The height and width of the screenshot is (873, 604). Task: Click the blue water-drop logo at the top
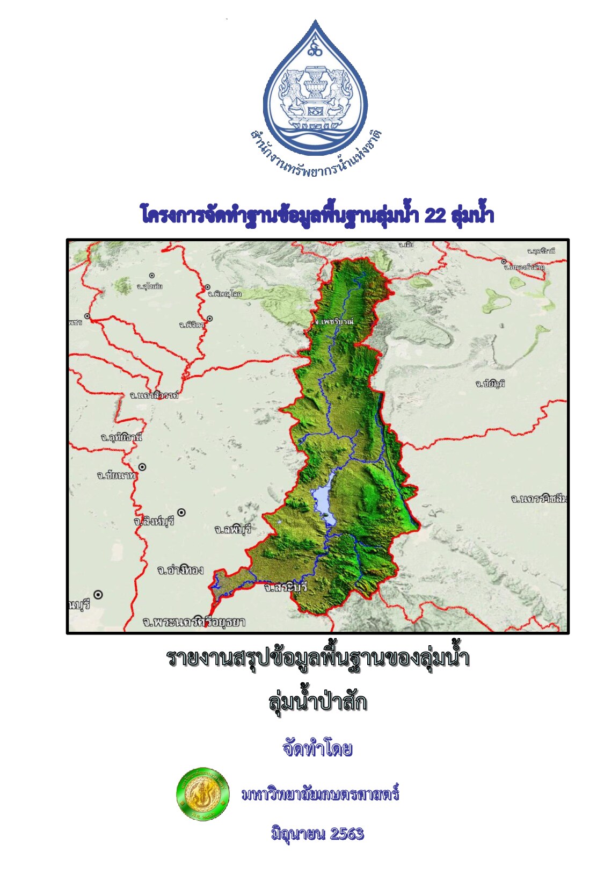(315, 91)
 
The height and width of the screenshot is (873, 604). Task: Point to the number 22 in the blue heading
(434, 215)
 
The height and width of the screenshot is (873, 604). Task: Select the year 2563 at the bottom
(347, 834)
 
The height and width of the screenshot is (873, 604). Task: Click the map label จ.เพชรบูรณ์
(334, 321)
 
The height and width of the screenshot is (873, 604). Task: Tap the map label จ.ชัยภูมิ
(490, 384)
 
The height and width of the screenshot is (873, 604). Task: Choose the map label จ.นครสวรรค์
(154, 395)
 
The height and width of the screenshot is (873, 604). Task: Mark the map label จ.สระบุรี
(286, 587)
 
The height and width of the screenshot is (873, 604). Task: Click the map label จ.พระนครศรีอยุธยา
(194, 622)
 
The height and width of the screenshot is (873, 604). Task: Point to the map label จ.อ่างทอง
(180, 570)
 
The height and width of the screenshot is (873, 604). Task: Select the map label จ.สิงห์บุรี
(154, 521)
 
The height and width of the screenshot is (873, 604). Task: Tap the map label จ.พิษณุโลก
(224, 294)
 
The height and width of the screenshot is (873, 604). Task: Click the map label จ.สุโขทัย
(149, 286)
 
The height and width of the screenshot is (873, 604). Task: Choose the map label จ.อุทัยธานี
(122, 437)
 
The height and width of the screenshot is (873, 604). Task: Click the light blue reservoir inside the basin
(324, 500)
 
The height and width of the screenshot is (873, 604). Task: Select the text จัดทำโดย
(317, 748)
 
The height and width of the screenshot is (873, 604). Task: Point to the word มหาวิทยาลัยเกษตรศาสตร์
(320, 794)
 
